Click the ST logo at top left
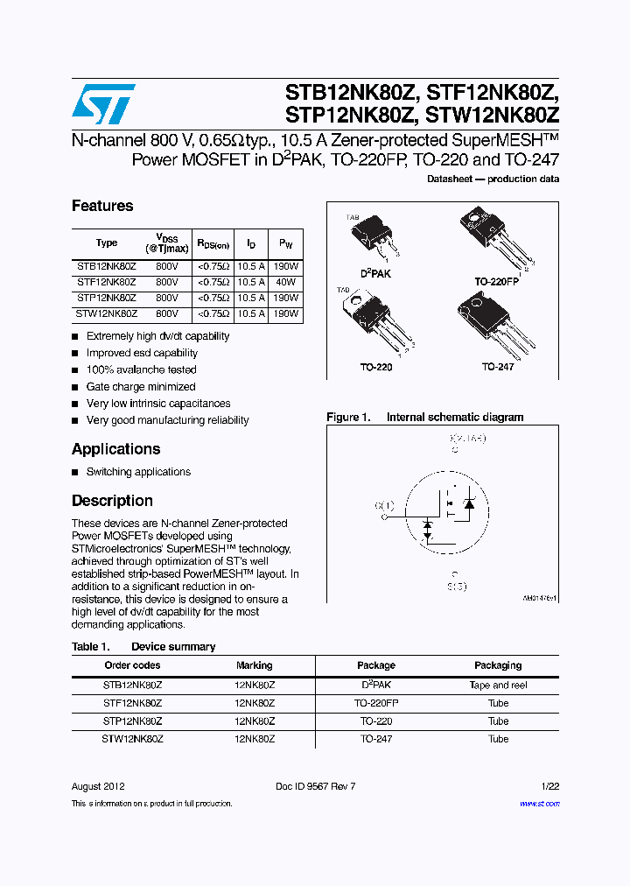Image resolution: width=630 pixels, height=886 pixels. (103, 104)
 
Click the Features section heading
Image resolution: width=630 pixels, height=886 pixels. (102, 206)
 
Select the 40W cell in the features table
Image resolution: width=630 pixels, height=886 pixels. (286, 282)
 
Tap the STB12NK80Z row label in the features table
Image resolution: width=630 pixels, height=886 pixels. (106, 266)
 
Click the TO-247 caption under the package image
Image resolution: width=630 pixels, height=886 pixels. (497, 367)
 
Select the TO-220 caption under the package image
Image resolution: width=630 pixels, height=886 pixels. (377, 368)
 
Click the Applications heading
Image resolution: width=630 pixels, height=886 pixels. (115, 449)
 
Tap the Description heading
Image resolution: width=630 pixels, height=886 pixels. (112, 501)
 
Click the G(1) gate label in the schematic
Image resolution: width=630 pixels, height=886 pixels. (384, 505)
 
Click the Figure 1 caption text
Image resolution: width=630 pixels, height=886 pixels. (424, 418)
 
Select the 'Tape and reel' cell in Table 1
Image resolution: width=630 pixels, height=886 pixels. (498, 686)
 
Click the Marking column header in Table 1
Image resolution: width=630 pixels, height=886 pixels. (255, 665)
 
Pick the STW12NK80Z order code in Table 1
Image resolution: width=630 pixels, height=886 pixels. (132, 739)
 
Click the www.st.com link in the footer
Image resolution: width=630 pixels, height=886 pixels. (539, 803)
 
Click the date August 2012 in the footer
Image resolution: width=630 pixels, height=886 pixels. (98, 786)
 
